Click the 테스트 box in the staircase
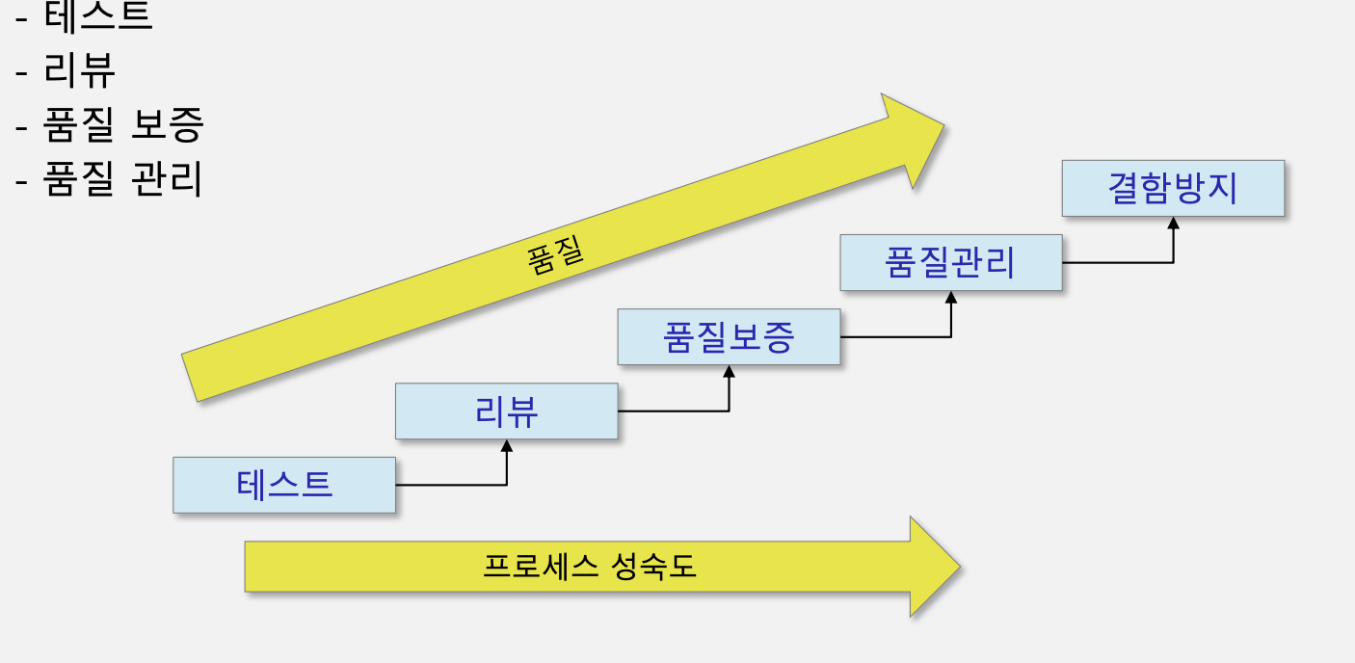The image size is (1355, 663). tap(284, 485)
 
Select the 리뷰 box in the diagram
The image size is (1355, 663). tap(506, 411)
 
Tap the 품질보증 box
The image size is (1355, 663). tap(729, 337)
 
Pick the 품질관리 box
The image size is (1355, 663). tap(950, 262)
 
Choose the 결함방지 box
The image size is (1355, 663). tap(1173, 188)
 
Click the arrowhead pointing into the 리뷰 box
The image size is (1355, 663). tap(507, 446)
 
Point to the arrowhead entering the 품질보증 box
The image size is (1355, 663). tap(730, 372)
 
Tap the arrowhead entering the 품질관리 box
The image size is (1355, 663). tap(951, 298)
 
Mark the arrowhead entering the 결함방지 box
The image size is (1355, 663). tap(1174, 223)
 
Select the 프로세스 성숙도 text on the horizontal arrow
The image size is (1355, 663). tap(589, 567)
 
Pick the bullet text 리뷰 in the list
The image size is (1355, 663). tap(80, 70)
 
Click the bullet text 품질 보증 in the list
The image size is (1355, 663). tap(123, 125)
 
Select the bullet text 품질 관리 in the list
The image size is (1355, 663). tap(123, 179)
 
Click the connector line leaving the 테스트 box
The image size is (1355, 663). tap(451, 485)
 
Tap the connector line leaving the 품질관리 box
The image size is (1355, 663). tap(1118, 262)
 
